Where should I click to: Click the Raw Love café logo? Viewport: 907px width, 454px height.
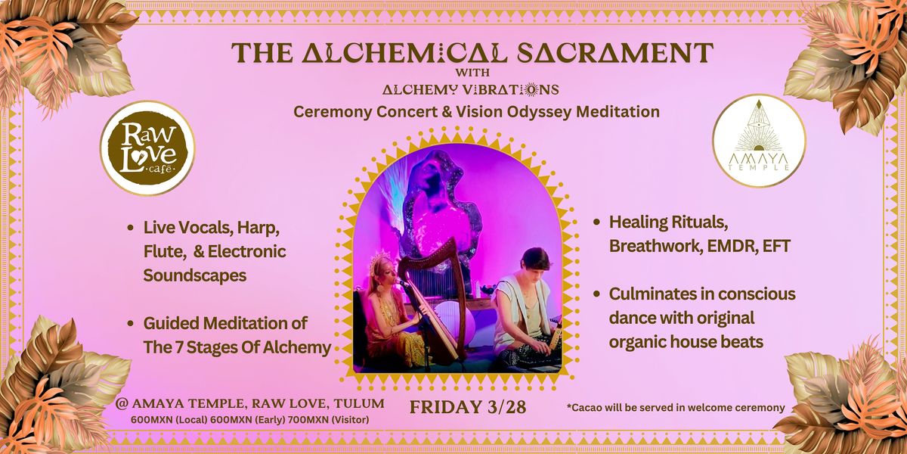click(148, 148)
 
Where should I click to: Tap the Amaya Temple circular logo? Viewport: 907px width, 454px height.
click(759, 141)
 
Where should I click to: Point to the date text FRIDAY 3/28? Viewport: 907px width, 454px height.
click(468, 407)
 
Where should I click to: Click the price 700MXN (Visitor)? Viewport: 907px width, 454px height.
click(328, 420)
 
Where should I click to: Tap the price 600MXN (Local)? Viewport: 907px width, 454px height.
click(169, 420)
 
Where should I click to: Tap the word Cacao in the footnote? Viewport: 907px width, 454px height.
click(585, 407)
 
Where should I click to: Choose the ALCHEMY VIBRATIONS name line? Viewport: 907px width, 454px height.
click(470, 89)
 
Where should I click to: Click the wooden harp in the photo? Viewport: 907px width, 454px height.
click(429, 300)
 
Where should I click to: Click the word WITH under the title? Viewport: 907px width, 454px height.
click(472, 73)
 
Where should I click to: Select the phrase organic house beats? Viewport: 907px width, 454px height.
click(686, 342)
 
